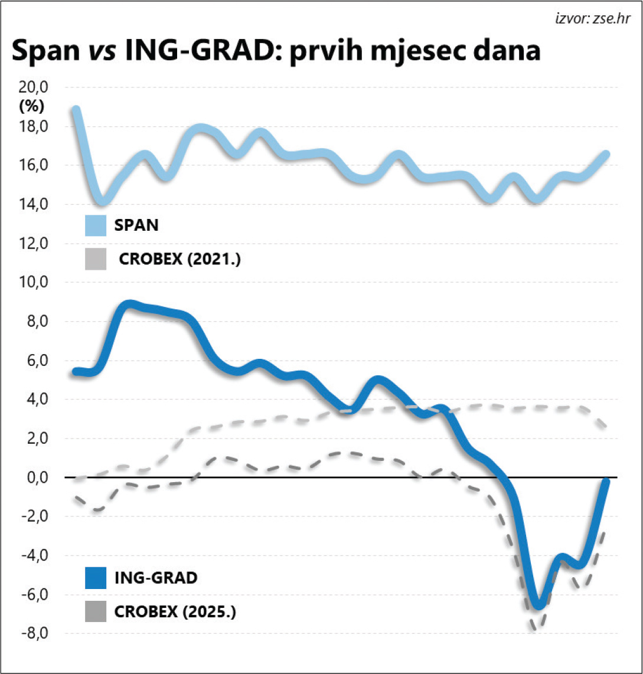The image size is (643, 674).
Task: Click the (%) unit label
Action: (32, 107)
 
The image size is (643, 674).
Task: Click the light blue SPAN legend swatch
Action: (95, 225)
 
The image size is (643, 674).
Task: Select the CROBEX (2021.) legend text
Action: (179, 259)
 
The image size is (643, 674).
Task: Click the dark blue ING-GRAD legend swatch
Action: (95, 578)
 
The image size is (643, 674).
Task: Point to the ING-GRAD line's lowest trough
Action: (538, 605)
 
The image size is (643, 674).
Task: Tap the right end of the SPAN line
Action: (606, 154)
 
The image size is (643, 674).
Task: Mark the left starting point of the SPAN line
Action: (76, 110)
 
